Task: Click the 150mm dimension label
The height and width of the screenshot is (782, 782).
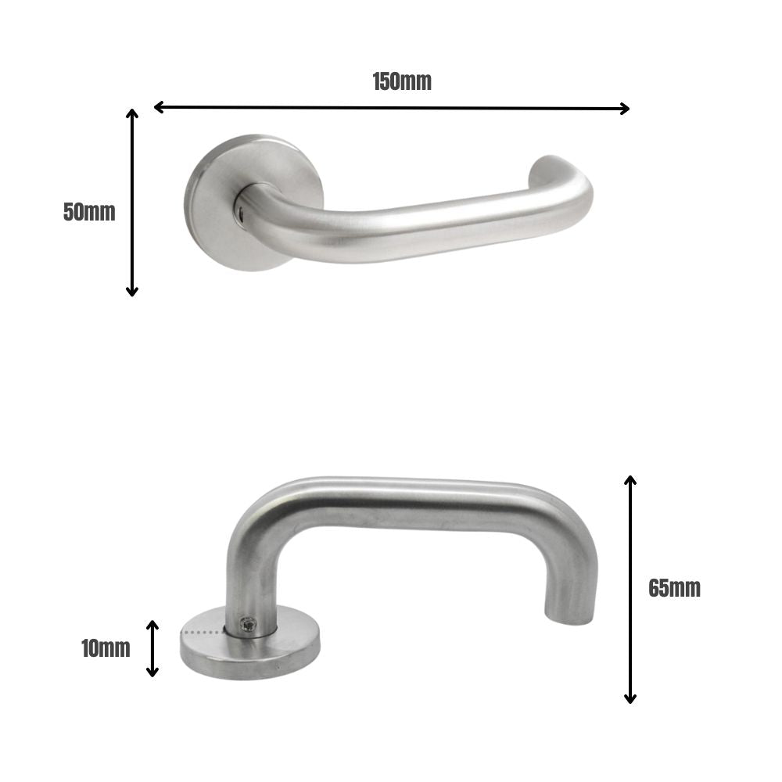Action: (402, 81)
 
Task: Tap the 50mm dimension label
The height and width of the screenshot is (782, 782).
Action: (89, 212)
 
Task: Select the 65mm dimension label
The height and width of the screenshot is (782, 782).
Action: (674, 588)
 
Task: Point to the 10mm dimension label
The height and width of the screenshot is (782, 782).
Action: (106, 648)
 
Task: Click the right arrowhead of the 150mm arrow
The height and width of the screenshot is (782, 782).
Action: (624, 109)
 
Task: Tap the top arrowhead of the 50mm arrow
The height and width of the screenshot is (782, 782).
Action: (132, 114)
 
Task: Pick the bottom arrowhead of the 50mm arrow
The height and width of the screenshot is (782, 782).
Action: (132, 291)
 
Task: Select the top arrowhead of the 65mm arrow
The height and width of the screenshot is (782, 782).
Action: (630, 479)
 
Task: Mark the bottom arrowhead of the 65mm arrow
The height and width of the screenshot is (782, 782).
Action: (630, 698)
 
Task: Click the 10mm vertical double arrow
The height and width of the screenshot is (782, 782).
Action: (153, 648)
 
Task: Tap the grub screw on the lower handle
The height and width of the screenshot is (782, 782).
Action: (248, 624)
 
